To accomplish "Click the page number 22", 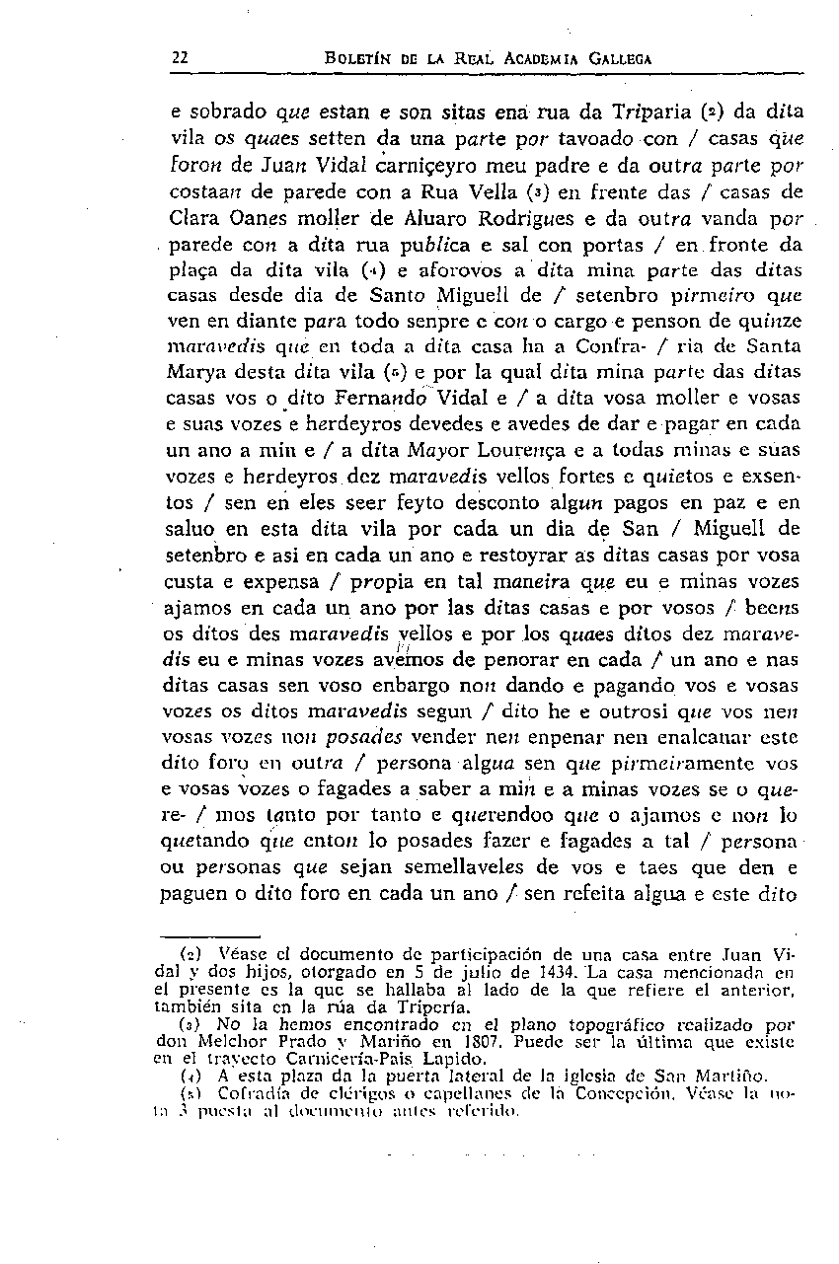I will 180,57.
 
